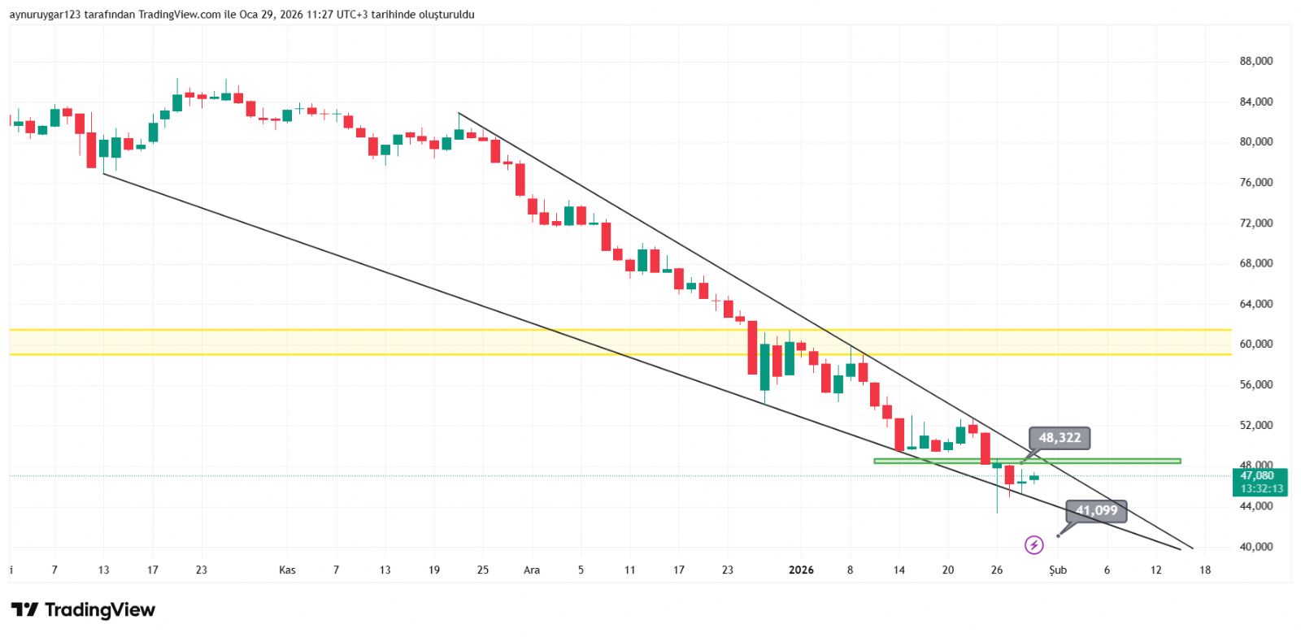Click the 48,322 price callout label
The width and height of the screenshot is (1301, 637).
tap(1060, 438)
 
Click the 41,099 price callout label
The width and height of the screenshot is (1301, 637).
tap(1096, 510)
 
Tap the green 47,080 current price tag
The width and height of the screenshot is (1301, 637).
tap(1257, 476)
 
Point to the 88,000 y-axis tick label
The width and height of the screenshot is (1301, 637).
tap(1255, 61)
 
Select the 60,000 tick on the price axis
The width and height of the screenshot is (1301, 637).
tap(1255, 344)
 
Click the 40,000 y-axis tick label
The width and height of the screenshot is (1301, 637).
tap(1255, 547)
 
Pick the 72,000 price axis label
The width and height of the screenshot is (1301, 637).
tap(1255, 223)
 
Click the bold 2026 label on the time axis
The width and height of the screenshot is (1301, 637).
tap(801, 570)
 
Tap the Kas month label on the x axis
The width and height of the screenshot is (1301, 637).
tap(287, 570)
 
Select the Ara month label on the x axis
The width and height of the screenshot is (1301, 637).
tap(531, 570)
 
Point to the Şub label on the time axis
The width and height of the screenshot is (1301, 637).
tap(1057, 570)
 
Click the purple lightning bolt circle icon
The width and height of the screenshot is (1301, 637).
tap(1033, 544)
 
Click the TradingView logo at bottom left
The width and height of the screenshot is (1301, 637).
tap(83, 609)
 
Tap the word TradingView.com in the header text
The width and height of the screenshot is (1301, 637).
tap(179, 15)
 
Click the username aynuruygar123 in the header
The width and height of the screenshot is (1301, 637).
tap(45, 15)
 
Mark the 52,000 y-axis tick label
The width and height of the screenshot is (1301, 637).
tap(1255, 425)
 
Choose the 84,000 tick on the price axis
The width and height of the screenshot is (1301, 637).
tap(1255, 102)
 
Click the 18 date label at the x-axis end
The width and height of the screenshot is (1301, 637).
tap(1205, 570)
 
